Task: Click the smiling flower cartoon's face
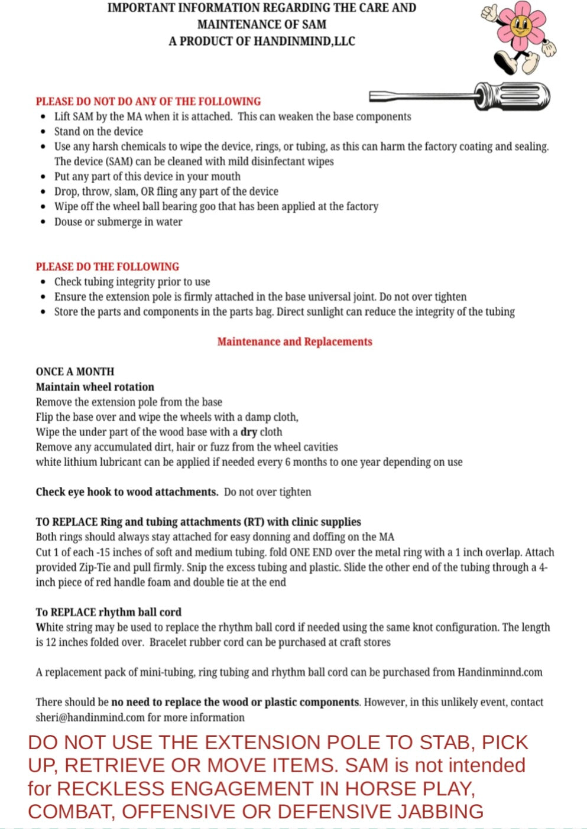[520, 26]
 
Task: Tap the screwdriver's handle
[512, 96]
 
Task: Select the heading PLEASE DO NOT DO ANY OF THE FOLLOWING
[148, 101]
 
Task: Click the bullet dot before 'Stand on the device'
[43, 132]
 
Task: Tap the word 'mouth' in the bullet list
[226, 176]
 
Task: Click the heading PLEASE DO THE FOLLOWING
[107, 266]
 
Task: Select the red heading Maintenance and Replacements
[294, 342]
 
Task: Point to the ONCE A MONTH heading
[75, 372]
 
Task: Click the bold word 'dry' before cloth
[248, 432]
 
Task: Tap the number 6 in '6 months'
[288, 462]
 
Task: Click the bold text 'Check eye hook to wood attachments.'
[127, 492]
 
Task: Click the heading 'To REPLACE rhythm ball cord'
[108, 612]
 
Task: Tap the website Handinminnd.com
[500, 672]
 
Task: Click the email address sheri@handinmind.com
[90, 717]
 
